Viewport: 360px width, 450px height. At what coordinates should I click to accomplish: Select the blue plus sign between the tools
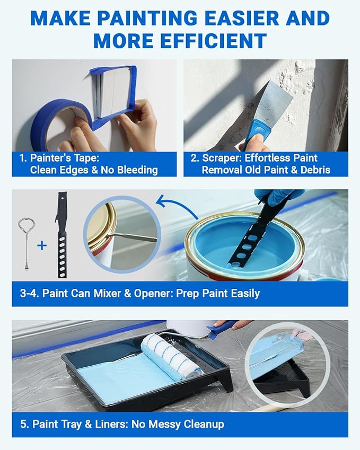42,245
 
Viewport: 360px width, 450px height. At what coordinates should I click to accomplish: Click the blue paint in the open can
249,249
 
